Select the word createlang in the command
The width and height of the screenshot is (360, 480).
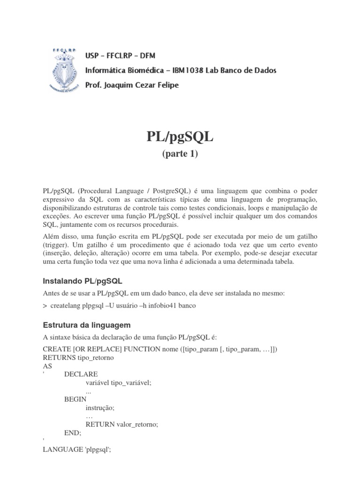67,306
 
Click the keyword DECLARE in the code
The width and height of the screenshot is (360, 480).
81,374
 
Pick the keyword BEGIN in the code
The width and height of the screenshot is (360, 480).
75,399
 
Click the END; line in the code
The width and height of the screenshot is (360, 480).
73,432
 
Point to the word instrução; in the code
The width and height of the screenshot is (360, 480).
100,407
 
